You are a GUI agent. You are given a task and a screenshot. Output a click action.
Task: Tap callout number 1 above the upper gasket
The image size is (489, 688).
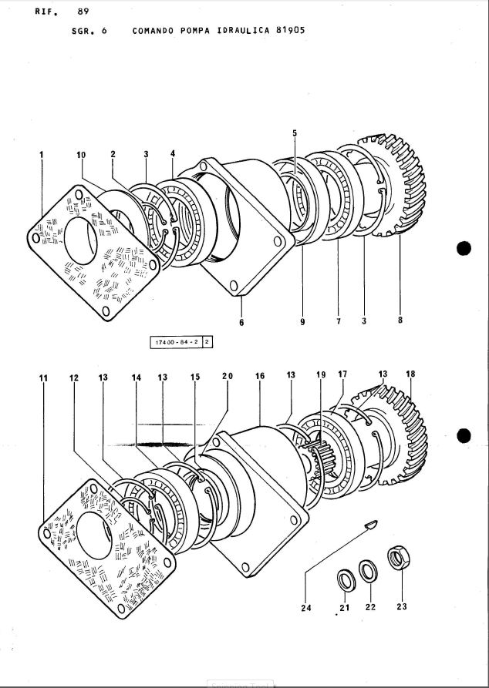41,155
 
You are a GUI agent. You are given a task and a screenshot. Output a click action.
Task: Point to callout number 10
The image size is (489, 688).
82,155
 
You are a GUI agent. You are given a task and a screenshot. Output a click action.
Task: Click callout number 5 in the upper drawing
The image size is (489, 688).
294,133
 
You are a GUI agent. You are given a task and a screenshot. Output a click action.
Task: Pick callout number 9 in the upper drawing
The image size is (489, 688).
302,322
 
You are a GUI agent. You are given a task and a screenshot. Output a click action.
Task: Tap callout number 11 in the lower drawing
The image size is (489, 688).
42,378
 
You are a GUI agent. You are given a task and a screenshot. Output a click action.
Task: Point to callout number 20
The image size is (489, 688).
227,376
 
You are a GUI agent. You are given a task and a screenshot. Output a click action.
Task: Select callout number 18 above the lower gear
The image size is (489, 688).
410,374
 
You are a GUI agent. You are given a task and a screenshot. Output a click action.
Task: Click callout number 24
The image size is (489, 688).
305,607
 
